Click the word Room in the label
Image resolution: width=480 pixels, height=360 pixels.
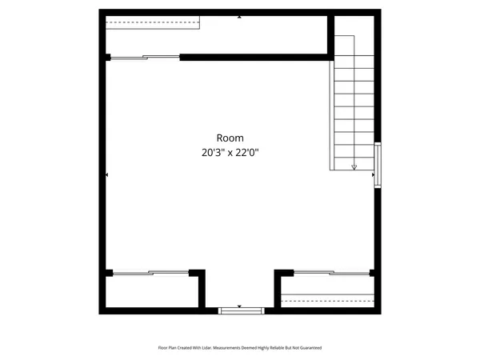tap(230, 138)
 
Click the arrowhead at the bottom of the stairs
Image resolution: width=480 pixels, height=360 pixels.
tap(354, 166)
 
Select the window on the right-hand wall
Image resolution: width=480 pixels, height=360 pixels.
tap(378, 165)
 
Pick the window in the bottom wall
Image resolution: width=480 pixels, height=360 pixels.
tap(240, 310)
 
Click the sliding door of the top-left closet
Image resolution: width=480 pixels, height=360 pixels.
tap(144, 57)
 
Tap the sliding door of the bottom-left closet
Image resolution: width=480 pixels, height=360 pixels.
tap(150, 273)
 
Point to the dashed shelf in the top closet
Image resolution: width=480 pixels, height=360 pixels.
tap(152, 22)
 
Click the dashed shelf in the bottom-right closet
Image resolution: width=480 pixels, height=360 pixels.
tap(328, 301)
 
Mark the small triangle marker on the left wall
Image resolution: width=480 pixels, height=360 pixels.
tap(107, 174)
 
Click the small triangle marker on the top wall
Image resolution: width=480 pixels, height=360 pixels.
tap(239, 16)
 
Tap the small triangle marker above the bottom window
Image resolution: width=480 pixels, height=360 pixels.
tap(239, 306)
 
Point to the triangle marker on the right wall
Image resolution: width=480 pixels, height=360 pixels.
tap(373, 174)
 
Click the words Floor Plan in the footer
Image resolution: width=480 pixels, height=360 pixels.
tap(166, 348)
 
